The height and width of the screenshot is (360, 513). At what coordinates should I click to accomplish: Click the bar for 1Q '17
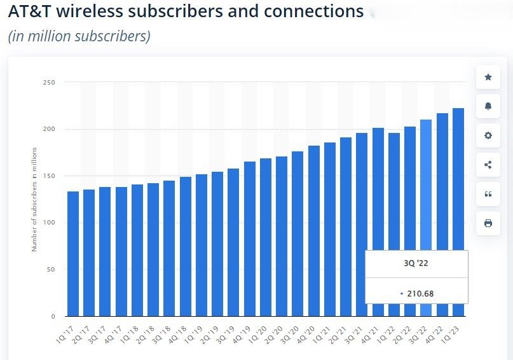73,254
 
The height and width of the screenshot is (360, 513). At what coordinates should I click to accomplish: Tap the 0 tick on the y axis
53,316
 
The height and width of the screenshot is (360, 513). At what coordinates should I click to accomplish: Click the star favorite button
488,77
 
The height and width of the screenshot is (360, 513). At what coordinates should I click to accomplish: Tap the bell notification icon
488,106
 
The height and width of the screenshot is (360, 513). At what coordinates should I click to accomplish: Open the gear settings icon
488,135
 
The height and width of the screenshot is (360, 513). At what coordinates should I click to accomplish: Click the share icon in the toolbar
488,165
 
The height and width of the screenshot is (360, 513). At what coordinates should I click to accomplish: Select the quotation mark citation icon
488,194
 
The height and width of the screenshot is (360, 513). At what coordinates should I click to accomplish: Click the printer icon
488,223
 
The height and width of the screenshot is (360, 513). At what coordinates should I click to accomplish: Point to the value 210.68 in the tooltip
420,294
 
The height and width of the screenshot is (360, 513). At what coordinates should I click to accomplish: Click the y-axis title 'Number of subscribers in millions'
34,199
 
